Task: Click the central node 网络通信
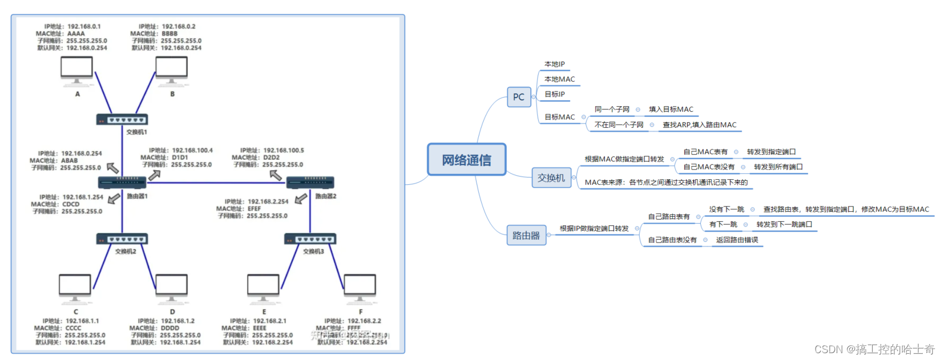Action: pos(466,160)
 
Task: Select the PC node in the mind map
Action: pos(518,97)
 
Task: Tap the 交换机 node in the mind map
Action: pos(551,178)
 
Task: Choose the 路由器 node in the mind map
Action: pos(526,236)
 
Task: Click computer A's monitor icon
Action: pos(77,71)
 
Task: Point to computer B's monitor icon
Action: pos(171,71)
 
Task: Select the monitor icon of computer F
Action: pos(360,287)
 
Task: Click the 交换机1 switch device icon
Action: pos(122,120)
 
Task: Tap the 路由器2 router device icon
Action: pos(310,183)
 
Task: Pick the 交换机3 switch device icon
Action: pos(310,239)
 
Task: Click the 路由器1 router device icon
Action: pos(122,183)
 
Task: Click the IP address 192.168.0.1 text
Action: pos(84,26)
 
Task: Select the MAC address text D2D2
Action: pos(271,157)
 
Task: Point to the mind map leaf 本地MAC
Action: pos(559,79)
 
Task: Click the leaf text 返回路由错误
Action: pos(737,240)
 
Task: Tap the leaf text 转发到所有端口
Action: pos(778,167)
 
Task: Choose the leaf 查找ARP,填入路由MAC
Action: pos(699,125)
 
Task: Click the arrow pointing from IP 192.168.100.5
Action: pos(276,175)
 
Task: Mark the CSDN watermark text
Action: pos(874,349)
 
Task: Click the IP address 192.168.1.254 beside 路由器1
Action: pos(83,197)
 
